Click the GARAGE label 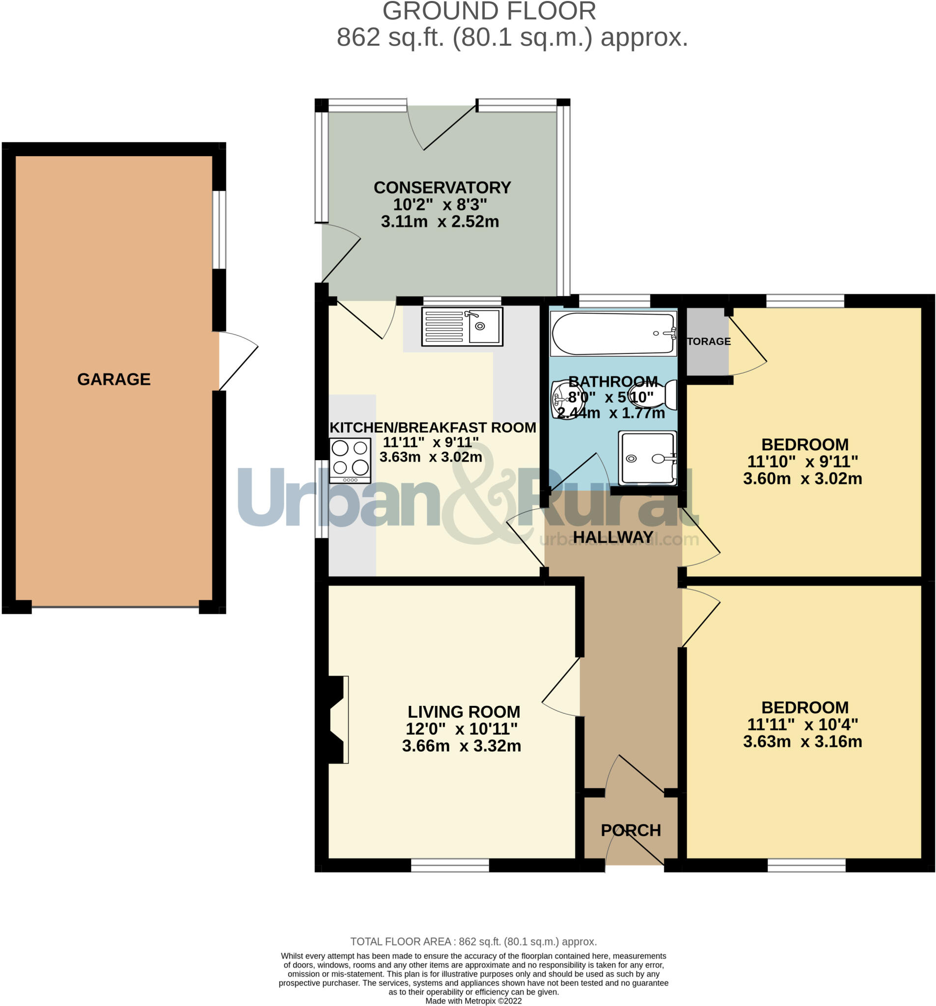(x=114, y=379)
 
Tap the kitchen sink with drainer (x=462, y=327)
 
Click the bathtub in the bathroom (x=613, y=334)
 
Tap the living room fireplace (x=337, y=720)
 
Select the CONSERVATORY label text (x=442, y=188)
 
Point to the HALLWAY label (x=613, y=537)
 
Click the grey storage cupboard (x=707, y=341)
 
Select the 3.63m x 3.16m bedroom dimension (x=802, y=742)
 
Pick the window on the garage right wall (x=219, y=229)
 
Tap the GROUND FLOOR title (x=489, y=11)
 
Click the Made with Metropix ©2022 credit (x=473, y=1001)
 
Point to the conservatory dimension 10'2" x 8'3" (x=440, y=205)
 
